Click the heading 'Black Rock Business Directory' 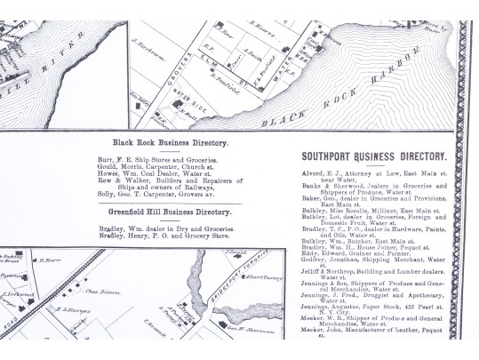click(x=170, y=142)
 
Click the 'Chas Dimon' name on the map click(x=101, y=292)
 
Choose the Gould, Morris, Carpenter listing click(x=157, y=167)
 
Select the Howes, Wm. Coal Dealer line click(x=160, y=175)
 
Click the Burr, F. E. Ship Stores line click(x=156, y=159)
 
